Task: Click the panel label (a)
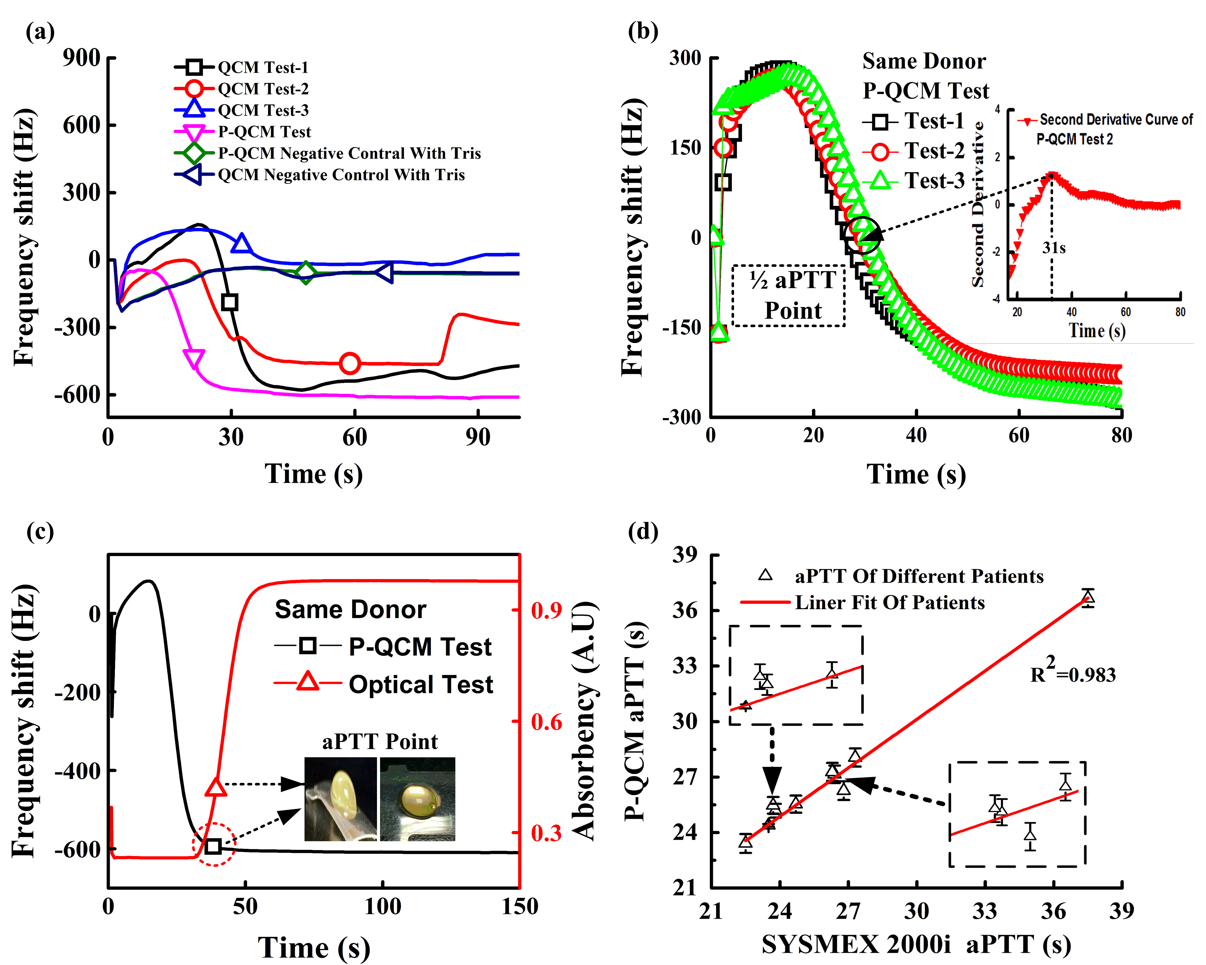click(40, 32)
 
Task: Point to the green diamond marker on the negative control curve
click(306, 272)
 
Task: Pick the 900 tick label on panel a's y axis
click(81, 58)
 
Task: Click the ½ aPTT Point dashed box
click(789, 295)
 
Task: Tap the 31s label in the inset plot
click(1054, 248)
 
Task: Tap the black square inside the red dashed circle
click(213, 846)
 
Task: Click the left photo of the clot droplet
click(341, 799)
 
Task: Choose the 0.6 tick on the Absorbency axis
click(546, 722)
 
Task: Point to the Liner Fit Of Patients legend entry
click(890, 603)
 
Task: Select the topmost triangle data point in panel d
click(1087, 597)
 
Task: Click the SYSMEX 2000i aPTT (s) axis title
click(916, 944)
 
